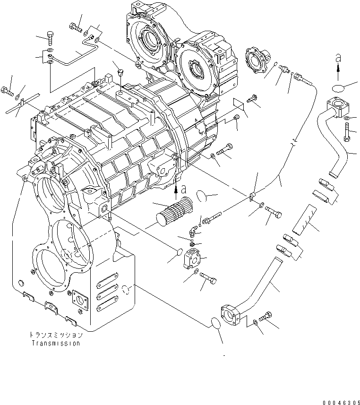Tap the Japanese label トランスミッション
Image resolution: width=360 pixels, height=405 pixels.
[x=56, y=335]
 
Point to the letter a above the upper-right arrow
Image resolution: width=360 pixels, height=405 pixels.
[x=337, y=58]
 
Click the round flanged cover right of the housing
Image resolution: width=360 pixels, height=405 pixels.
[x=258, y=61]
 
